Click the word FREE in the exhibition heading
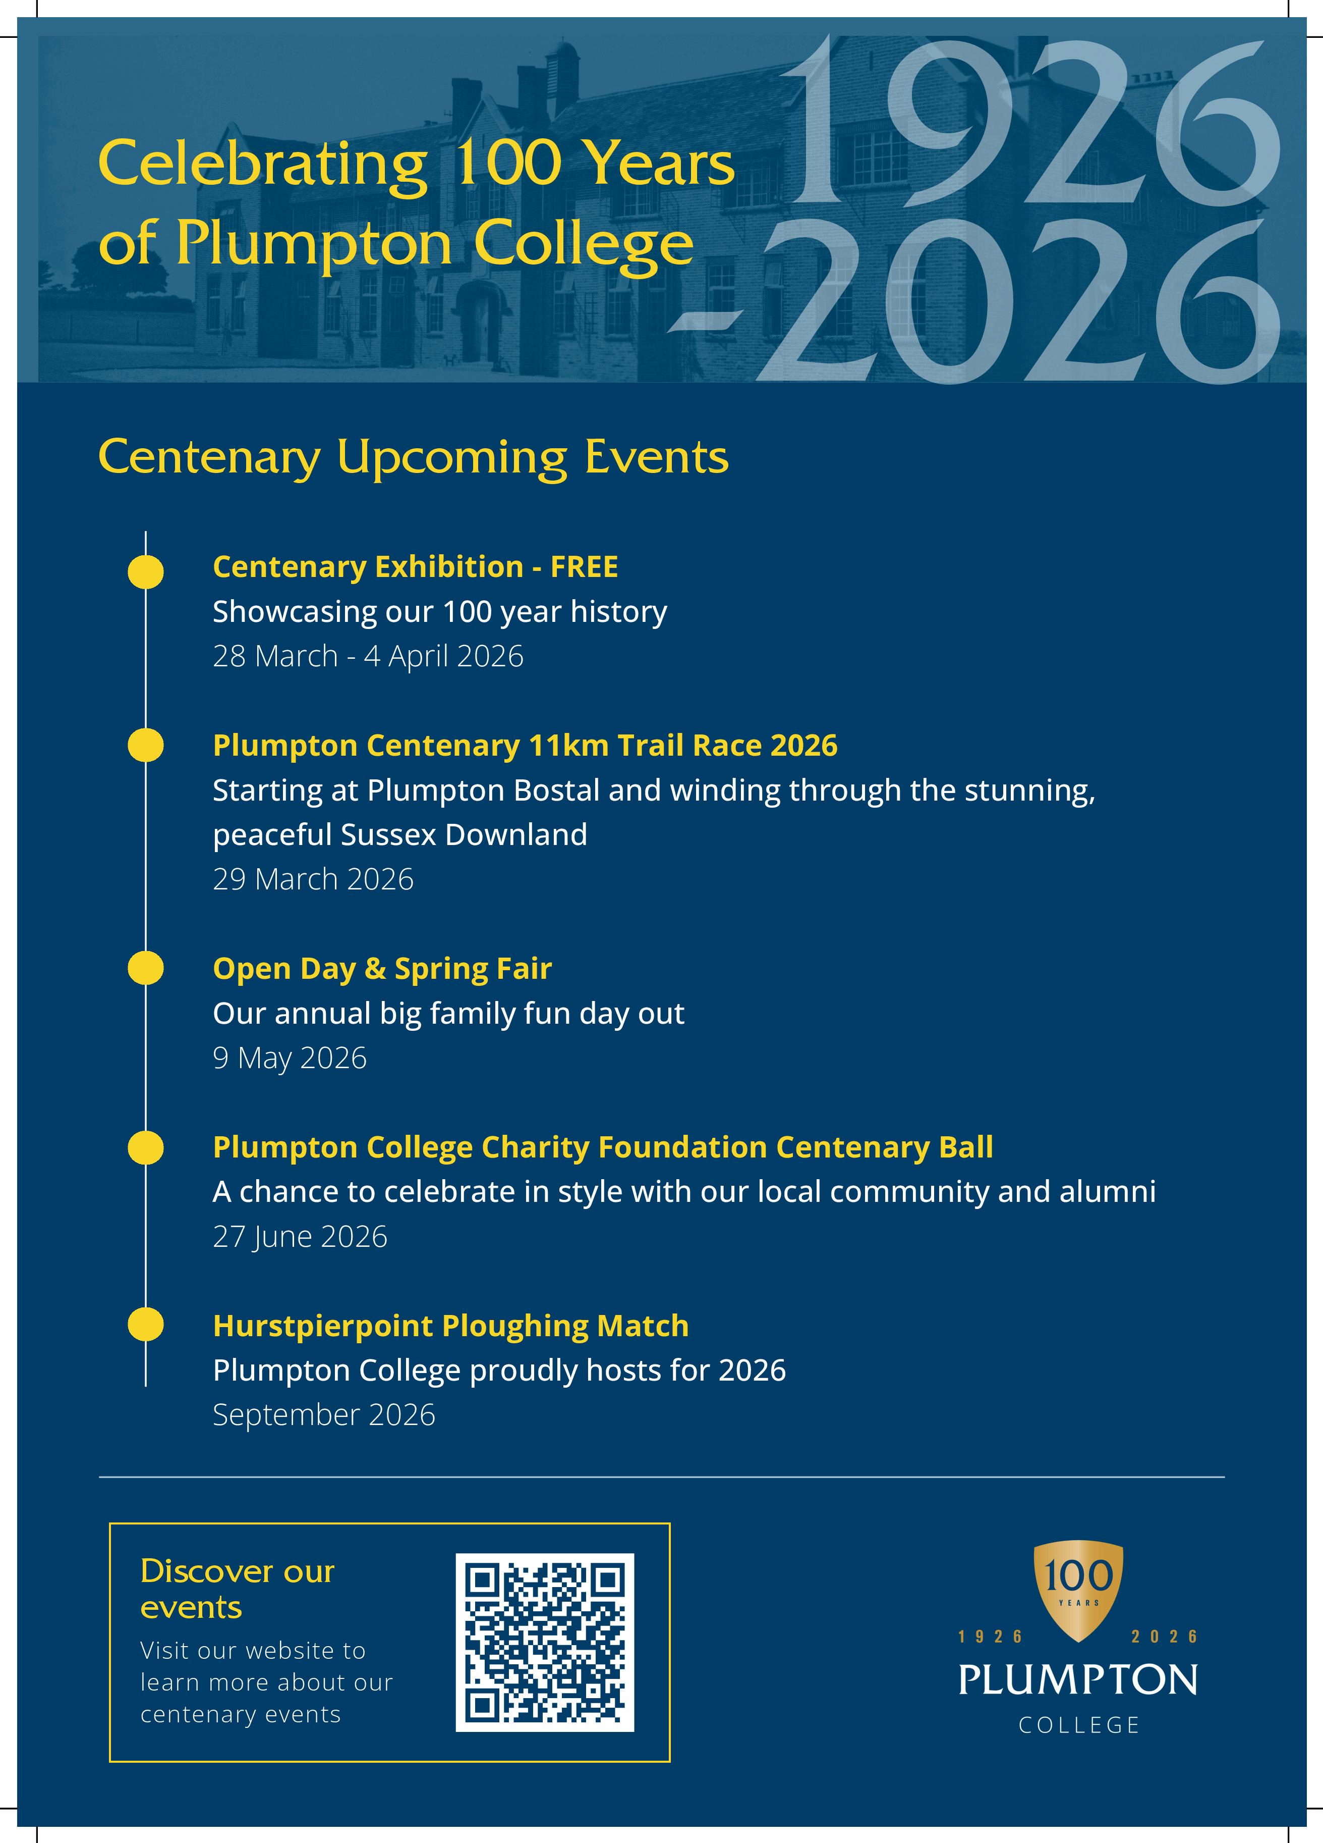point(584,566)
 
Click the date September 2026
point(323,1415)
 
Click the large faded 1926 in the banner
point(1031,122)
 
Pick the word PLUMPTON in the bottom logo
point(1078,1679)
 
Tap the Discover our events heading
point(237,1589)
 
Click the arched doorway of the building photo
point(478,325)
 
